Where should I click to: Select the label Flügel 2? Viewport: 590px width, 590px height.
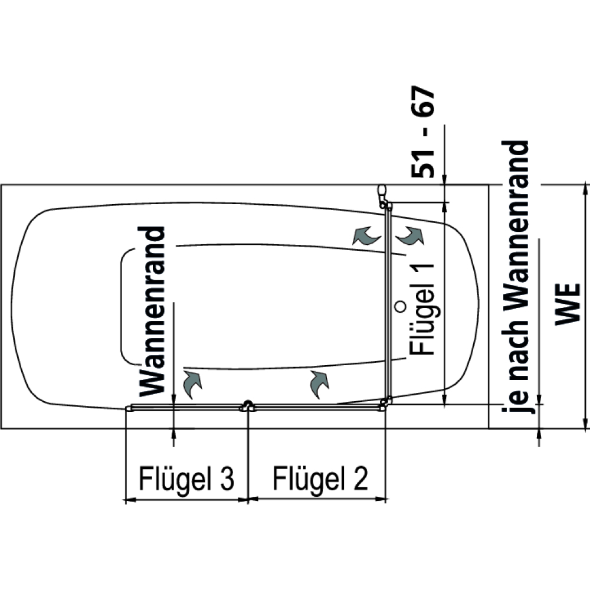[320, 478]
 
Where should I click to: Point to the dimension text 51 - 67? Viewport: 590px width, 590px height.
[422, 132]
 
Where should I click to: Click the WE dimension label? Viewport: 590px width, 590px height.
[568, 304]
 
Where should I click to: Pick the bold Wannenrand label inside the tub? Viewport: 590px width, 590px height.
[152, 311]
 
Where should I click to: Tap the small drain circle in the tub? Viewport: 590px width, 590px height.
[400, 307]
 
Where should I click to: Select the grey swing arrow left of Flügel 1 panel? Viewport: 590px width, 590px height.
[366, 235]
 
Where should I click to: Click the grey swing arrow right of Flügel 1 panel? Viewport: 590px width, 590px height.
[410, 235]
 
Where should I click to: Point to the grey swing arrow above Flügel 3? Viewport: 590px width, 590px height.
[192, 383]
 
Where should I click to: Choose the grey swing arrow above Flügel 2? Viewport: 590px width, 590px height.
[319, 383]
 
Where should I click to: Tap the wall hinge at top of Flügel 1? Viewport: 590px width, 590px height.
[383, 196]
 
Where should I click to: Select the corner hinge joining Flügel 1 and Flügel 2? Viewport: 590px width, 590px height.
[385, 404]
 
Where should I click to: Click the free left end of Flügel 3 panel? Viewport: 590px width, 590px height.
[129, 408]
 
